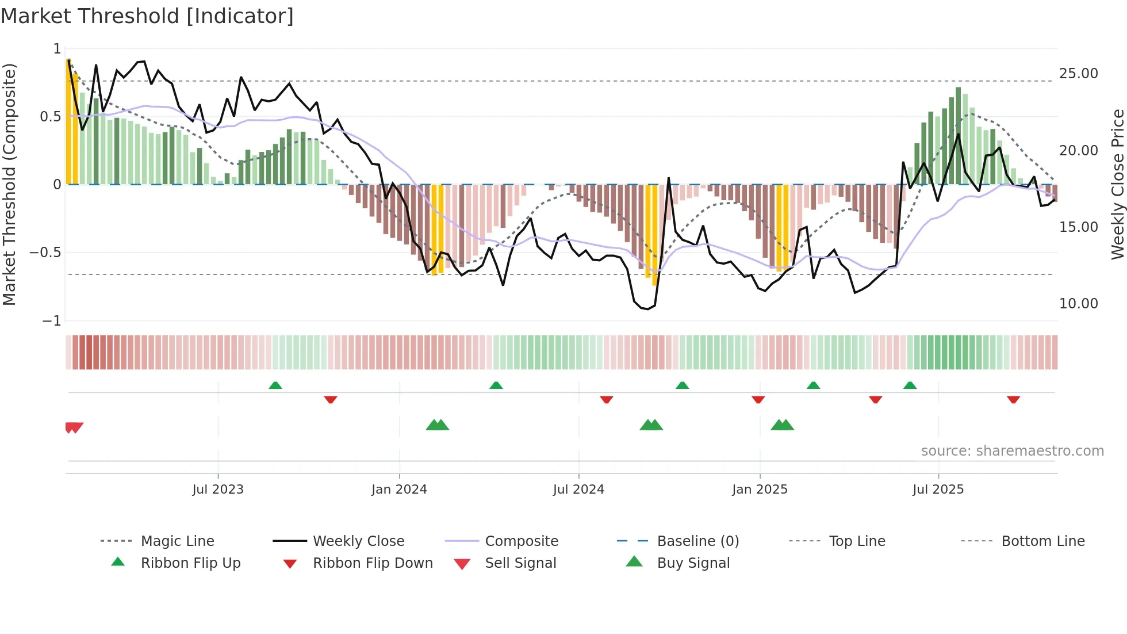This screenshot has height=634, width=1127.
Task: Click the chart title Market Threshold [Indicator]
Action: pos(147,16)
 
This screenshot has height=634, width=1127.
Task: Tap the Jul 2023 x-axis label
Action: pos(218,490)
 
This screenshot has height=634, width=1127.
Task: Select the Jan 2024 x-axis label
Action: pos(399,490)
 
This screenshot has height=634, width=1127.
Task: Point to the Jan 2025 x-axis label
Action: pos(760,490)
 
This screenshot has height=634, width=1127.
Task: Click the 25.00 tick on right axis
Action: pos(1078,74)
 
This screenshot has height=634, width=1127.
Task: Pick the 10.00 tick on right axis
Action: pos(1078,304)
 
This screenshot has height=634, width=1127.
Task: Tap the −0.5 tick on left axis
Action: pos(45,253)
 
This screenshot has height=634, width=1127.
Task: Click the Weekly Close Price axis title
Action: pos(1117,184)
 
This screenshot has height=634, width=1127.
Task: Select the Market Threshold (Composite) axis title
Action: pos(9,184)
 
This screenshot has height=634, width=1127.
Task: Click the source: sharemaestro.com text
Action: pos(1012,451)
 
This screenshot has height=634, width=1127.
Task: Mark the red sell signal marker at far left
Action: pos(74,427)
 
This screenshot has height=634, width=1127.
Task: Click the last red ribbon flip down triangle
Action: pos(1013,399)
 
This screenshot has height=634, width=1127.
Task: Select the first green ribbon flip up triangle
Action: pos(275,385)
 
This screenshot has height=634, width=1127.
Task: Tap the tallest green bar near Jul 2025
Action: pos(959,135)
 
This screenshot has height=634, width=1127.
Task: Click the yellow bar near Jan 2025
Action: pos(782,227)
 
